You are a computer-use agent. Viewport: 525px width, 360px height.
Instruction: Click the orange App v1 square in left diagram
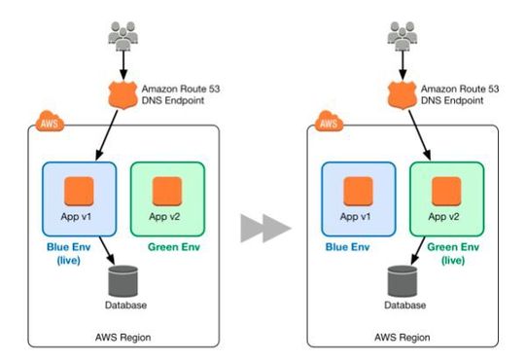click(x=80, y=190)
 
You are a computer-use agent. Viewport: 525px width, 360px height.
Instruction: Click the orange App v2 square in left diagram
click(x=166, y=190)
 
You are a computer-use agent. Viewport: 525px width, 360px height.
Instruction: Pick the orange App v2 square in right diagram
click(x=446, y=190)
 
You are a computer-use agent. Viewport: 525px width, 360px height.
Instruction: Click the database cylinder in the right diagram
click(x=402, y=281)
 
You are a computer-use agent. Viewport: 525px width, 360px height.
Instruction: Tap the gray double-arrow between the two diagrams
click(x=264, y=230)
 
